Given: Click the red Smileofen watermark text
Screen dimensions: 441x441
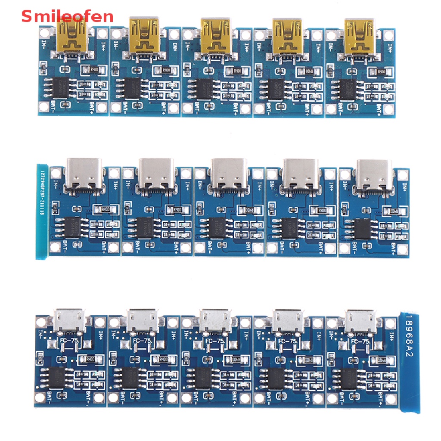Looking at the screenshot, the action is [67, 16].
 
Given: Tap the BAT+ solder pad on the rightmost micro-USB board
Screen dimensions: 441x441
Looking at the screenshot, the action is [389, 398].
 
